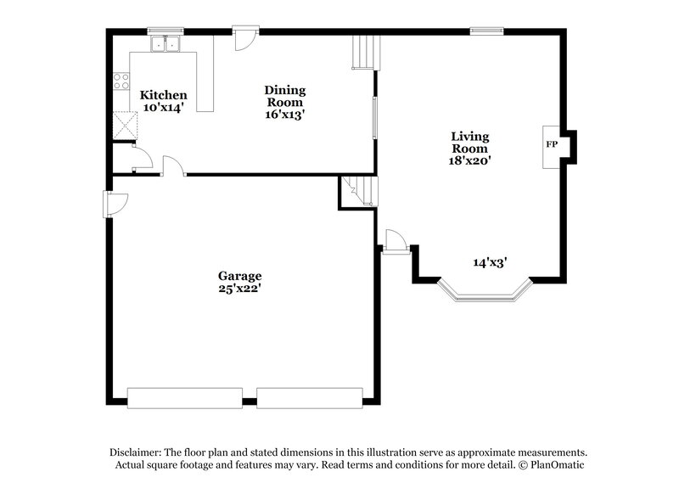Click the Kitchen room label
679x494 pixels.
click(x=164, y=95)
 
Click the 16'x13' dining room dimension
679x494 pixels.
click(x=284, y=114)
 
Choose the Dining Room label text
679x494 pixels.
click(x=284, y=96)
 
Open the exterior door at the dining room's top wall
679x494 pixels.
click(x=245, y=36)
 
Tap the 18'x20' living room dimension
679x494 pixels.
click(x=470, y=160)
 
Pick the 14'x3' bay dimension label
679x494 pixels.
click(x=490, y=263)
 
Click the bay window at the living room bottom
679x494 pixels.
click(x=484, y=295)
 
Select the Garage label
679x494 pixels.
click(x=240, y=276)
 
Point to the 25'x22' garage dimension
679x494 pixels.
click(x=240, y=289)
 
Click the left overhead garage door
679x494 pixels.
click(x=183, y=396)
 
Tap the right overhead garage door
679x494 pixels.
click(x=309, y=396)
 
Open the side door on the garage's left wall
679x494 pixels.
click(x=113, y=203)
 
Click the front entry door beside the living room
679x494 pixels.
click(x=394, y=241)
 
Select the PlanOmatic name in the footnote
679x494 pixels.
click(x=557, y=465)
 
